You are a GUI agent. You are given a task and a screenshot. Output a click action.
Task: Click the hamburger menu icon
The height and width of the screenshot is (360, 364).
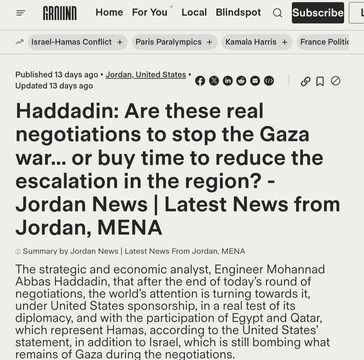click(21, 13)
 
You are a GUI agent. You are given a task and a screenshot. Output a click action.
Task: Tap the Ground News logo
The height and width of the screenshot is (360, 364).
click(60, 13)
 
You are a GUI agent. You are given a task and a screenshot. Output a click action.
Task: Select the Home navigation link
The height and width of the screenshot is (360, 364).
click(109, 12)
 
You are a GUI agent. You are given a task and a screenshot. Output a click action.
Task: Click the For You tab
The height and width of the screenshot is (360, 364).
click(150, 12)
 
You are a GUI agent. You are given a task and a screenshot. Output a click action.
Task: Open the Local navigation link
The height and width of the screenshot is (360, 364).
click(194, 12)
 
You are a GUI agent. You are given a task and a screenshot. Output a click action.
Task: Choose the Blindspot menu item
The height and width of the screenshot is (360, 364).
click(238, 12)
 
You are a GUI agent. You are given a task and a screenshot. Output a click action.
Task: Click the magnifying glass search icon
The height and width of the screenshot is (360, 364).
click(277, 13)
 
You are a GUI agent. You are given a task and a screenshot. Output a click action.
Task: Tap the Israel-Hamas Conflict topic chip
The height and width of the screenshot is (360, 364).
click(77, 42)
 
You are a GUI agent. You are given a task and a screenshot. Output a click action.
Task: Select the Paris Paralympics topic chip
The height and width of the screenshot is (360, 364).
click(174, 42)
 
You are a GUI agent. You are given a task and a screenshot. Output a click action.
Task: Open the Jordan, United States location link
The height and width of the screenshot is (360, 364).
click(146, 75)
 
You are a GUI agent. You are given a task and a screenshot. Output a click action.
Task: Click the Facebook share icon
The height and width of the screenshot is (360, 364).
click(200, 81)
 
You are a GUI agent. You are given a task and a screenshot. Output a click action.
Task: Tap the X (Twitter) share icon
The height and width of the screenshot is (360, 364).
click(214, 81)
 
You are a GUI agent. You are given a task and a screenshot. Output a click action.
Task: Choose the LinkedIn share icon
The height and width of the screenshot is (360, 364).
click(227, 81)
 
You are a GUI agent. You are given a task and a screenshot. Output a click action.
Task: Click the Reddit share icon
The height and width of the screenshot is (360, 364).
click(241, 81)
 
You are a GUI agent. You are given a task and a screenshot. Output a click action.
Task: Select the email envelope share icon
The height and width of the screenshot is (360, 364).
click(255, 81)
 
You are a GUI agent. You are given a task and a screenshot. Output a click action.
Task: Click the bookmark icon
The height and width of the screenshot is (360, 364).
click(320, 81)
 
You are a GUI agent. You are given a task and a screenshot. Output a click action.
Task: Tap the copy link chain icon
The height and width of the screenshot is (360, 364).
click(305, 81)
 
